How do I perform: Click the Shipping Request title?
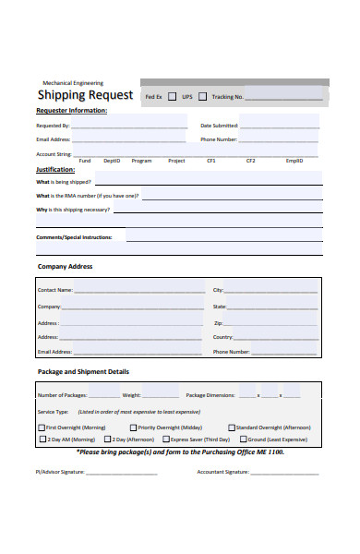pos(85,95)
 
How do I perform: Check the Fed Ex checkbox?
pos(172,96)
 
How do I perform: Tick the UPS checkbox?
pos(201,96)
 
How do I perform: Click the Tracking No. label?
pos(227,96)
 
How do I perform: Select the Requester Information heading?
pos(71,111)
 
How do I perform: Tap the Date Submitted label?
pos(219,126)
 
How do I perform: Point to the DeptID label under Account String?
pos(112,161)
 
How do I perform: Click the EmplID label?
pos(294,161)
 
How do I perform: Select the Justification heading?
pos(55,170)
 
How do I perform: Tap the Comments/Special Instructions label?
pos(74,237)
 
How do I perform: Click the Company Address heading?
pos(65,267)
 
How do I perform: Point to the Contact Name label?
pos(54,290)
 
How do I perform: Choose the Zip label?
pos(218,323)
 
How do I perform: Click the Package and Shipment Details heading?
pos(83,372)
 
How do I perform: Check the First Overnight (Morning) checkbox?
pos(42,428)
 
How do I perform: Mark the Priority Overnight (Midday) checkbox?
pos(133,428)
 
